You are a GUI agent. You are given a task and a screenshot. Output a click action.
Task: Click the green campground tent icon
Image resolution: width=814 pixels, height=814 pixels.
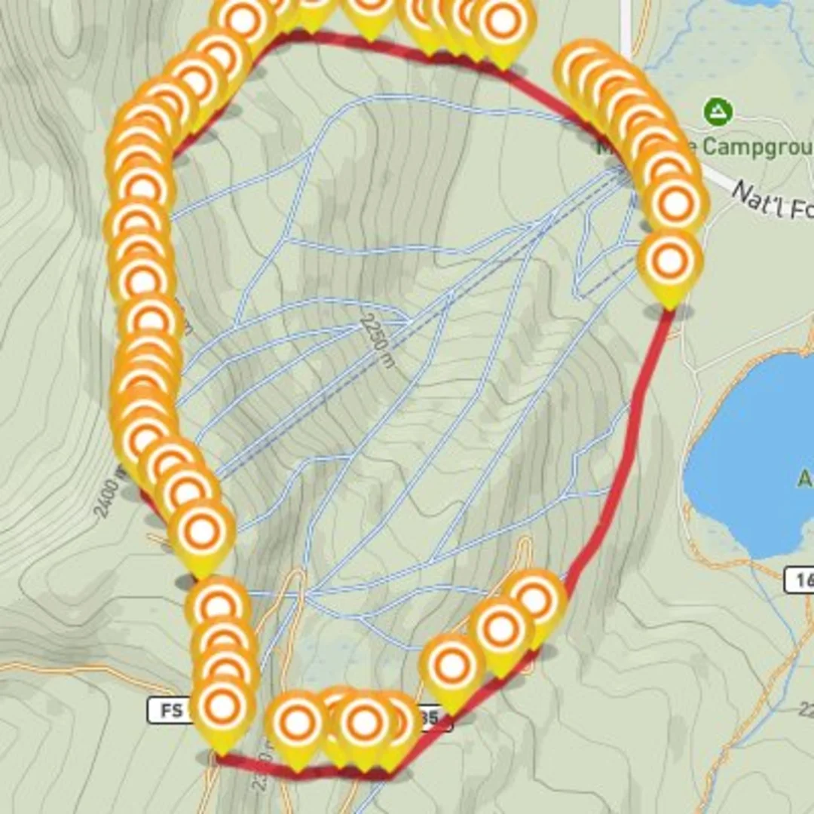(x=718, y=112)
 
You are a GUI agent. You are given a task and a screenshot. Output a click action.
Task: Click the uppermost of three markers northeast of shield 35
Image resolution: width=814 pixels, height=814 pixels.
(x=535, y=600)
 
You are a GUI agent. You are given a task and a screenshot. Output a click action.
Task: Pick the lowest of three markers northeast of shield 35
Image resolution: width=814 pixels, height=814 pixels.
(x=451, y=666)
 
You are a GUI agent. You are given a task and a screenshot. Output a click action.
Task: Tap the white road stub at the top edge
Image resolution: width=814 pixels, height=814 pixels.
(x=625, y=23)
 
